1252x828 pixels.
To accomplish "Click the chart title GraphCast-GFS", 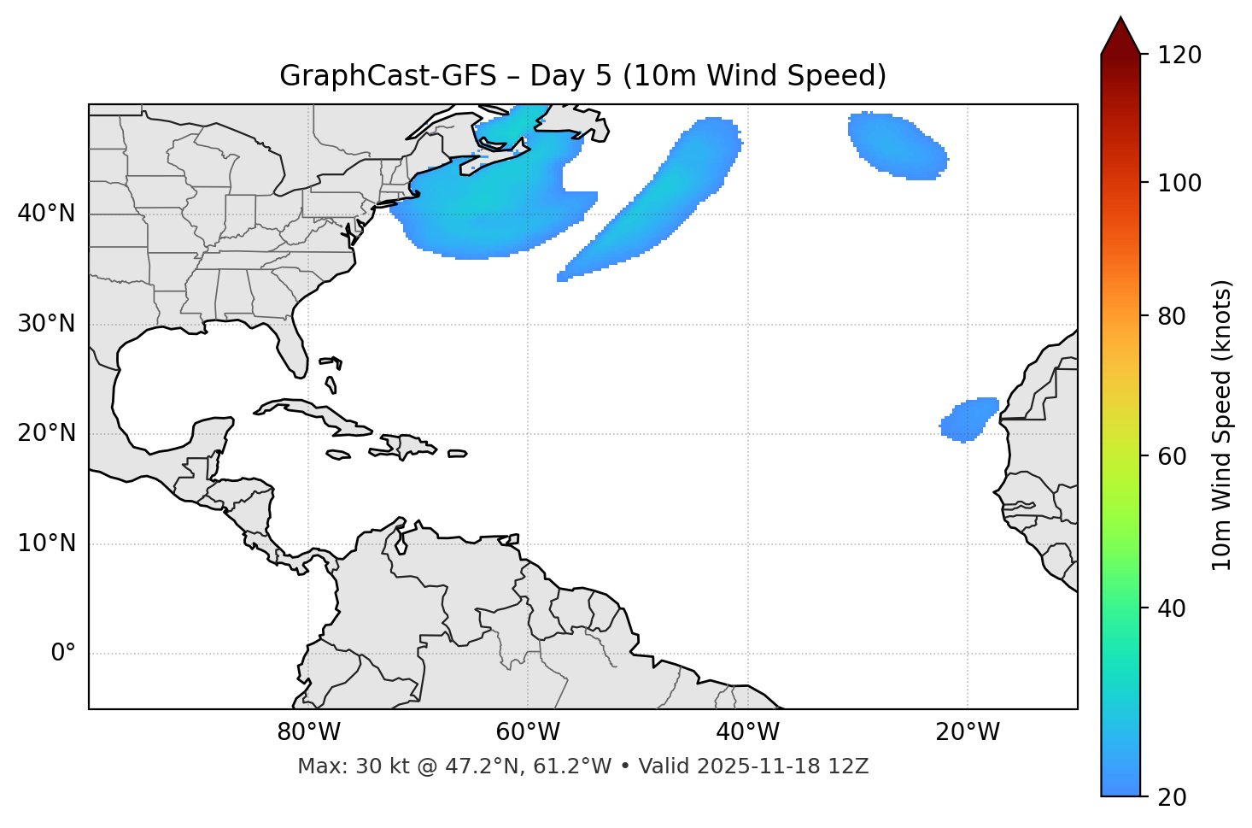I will (582, 76).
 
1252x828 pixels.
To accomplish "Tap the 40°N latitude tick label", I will (46, 214).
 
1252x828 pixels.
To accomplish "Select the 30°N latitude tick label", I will (46, 324).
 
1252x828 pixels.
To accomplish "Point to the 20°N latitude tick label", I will (46, 433).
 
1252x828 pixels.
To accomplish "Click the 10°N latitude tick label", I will (46, 543).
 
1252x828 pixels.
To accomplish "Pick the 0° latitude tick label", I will (63, 654).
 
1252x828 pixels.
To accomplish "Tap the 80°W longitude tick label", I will (308, 732).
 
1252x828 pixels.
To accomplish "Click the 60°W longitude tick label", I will (528, 732).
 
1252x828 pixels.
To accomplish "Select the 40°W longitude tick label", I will (747, 732).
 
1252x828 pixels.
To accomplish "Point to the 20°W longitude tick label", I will (967, 732).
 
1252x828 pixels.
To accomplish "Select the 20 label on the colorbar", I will (1173, 797).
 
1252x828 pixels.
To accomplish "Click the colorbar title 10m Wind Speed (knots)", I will (1222, 425).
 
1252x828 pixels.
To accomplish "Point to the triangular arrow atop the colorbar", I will (1120, 37).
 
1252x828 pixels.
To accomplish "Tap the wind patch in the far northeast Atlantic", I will (897, 145).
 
